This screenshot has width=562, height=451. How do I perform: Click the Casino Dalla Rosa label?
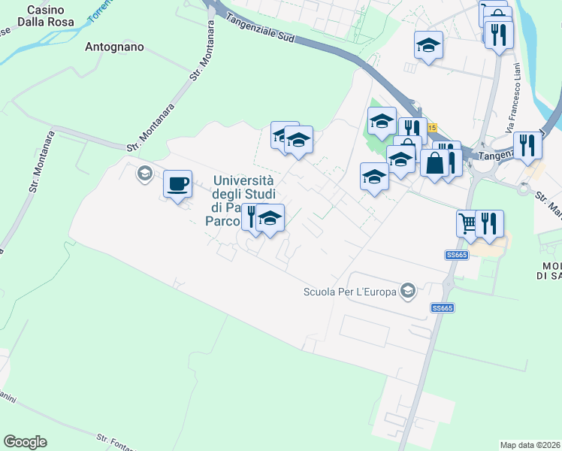(50, 16)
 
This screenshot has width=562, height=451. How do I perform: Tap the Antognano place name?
(114, 47)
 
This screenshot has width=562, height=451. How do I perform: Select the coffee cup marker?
(177, 183)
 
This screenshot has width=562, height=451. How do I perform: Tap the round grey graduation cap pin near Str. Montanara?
(144, 174)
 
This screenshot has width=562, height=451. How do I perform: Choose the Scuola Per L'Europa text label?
(349, 292)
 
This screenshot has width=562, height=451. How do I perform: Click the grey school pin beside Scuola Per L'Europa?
(408, 291)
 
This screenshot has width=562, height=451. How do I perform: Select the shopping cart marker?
(468, 222)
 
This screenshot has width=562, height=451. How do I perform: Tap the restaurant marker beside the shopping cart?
(489, 223)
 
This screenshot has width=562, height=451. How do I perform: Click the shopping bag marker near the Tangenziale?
(434, 162)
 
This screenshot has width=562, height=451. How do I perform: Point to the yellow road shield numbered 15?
(432, 128)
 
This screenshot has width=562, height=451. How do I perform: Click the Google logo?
(25, 442)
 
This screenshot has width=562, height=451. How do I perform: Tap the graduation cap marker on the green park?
(382, 120)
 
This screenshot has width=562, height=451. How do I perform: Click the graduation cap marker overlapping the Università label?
(270, 219)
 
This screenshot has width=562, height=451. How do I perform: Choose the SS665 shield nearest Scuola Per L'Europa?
(443, 308)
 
